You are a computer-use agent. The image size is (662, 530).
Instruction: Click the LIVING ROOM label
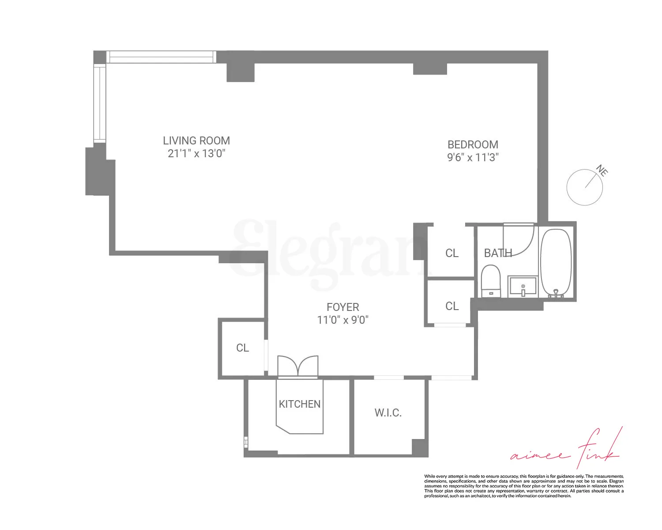(196, 140)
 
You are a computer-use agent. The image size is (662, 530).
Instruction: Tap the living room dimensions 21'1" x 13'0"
(196, 154)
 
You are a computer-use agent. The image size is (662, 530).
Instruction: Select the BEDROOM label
(473, 144)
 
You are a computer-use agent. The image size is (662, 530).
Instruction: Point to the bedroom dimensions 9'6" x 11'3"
(473, 157)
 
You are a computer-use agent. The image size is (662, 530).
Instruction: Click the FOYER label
(342, 307)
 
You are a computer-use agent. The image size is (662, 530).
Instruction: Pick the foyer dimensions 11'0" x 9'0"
(342, 320)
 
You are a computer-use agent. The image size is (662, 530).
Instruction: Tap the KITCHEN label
(300, 404)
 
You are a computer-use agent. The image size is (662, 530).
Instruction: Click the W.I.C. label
(388, 413)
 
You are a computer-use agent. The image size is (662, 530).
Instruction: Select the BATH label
(498, 253)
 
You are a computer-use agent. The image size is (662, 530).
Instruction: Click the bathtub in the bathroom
(556, 262)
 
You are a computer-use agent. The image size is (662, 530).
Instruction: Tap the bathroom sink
(523, 287)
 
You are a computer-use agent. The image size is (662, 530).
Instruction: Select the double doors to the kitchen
(298, 367)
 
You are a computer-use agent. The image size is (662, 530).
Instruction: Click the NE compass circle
(584, 187)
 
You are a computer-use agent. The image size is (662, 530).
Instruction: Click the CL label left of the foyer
(242, 348)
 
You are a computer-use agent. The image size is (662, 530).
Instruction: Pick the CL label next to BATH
(452, 253)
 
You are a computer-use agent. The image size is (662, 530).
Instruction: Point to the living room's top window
(161, 57)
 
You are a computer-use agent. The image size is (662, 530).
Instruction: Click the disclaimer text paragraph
(524, 486)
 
